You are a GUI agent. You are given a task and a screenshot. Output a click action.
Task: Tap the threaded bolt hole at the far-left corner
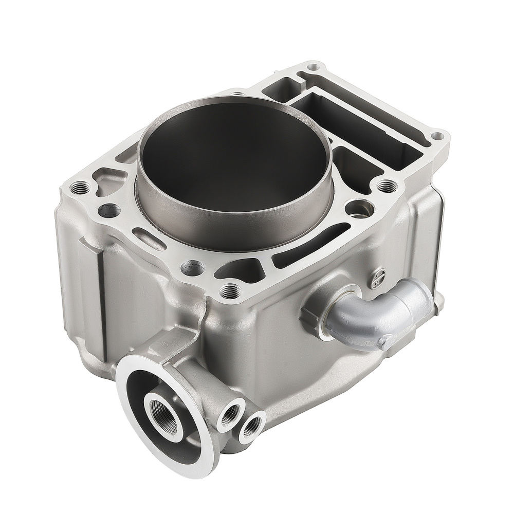pos(79,188)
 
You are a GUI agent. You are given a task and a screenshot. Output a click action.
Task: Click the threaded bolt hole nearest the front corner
pos(228,292)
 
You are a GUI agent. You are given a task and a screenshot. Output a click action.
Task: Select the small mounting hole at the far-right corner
pos(437,136)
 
